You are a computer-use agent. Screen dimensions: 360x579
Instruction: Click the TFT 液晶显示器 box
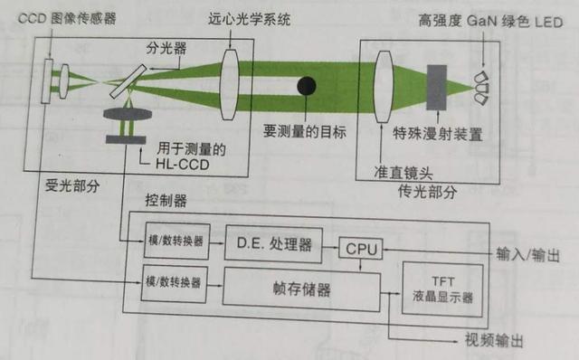pos(441,287)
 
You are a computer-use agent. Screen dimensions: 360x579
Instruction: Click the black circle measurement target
pos(308,87)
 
